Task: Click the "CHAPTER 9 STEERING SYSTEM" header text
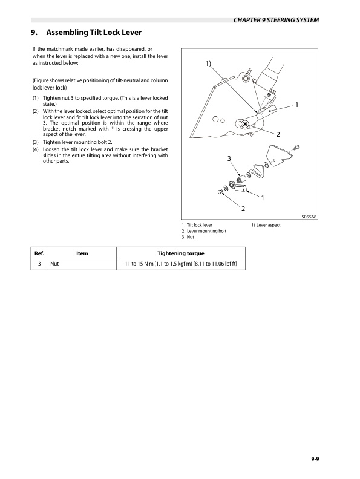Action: coord(275,21)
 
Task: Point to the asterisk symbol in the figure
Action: coord(267,95)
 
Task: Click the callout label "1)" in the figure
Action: coord(208,64)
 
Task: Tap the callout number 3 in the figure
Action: coord(229,158)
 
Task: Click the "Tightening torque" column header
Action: coord(180,253)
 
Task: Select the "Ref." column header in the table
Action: coord(38,253)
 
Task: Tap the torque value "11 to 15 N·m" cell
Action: coord(180,264)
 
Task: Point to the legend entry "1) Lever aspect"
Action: coord(266,225)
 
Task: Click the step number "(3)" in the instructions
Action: coord(36,143)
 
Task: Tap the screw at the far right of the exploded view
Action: coord(296,146)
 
